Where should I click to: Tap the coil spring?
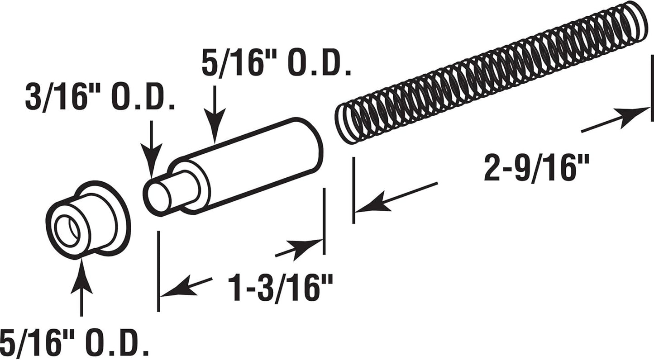point(489,72)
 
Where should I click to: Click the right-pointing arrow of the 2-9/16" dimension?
point(616,119)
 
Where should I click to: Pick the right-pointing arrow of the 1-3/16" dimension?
point(299,249)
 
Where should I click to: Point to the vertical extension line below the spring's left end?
point(353,190)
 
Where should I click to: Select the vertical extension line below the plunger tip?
point(158,271)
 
